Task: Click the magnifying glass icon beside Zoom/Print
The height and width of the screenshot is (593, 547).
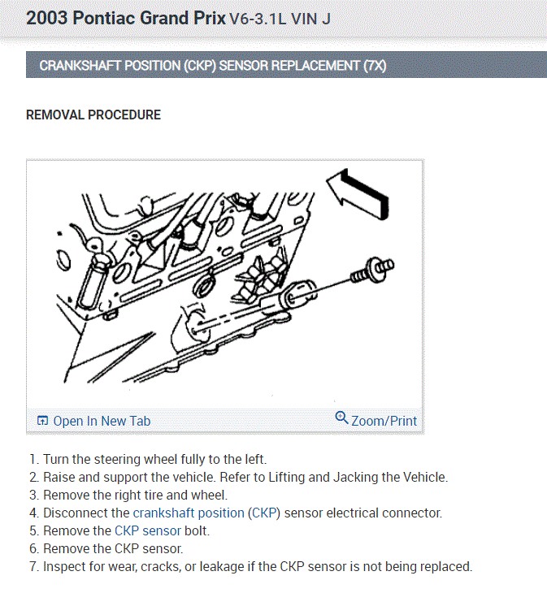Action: coord(341,418)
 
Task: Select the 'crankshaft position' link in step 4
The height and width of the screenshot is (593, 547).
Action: coord(189,513)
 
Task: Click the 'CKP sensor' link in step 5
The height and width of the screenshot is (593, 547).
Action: coord(148,530)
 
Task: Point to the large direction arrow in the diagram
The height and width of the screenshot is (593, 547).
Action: coord(358,194)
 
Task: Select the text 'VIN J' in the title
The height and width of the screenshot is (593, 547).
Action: coord(311,19)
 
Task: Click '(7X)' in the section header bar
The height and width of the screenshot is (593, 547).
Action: coord(375,66)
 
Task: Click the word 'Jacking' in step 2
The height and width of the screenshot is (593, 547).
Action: coord(355,478)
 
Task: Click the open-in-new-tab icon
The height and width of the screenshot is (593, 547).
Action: coord(43,421)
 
